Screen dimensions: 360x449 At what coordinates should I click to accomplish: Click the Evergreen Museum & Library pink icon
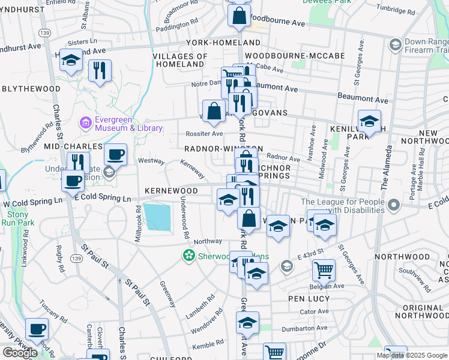coord(85,123)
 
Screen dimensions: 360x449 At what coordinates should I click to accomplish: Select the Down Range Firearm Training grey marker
coord(395,44)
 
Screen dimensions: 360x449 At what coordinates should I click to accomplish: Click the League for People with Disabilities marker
coord(394,206)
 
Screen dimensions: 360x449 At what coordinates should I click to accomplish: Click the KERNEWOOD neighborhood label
coord(171,191)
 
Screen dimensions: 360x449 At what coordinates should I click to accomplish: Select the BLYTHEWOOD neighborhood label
coord(31,88)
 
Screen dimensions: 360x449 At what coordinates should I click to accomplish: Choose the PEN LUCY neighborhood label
coord(310,298)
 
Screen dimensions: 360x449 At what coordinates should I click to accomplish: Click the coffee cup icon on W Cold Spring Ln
coord(73,180)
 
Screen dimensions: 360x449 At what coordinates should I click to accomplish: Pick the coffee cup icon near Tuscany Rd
coord(37,329)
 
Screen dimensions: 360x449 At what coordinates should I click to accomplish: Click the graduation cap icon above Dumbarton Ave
coord(247,322)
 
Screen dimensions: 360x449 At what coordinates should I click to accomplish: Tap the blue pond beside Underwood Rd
coord(157,217)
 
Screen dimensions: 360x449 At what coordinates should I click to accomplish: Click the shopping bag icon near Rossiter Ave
coord(214,110)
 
